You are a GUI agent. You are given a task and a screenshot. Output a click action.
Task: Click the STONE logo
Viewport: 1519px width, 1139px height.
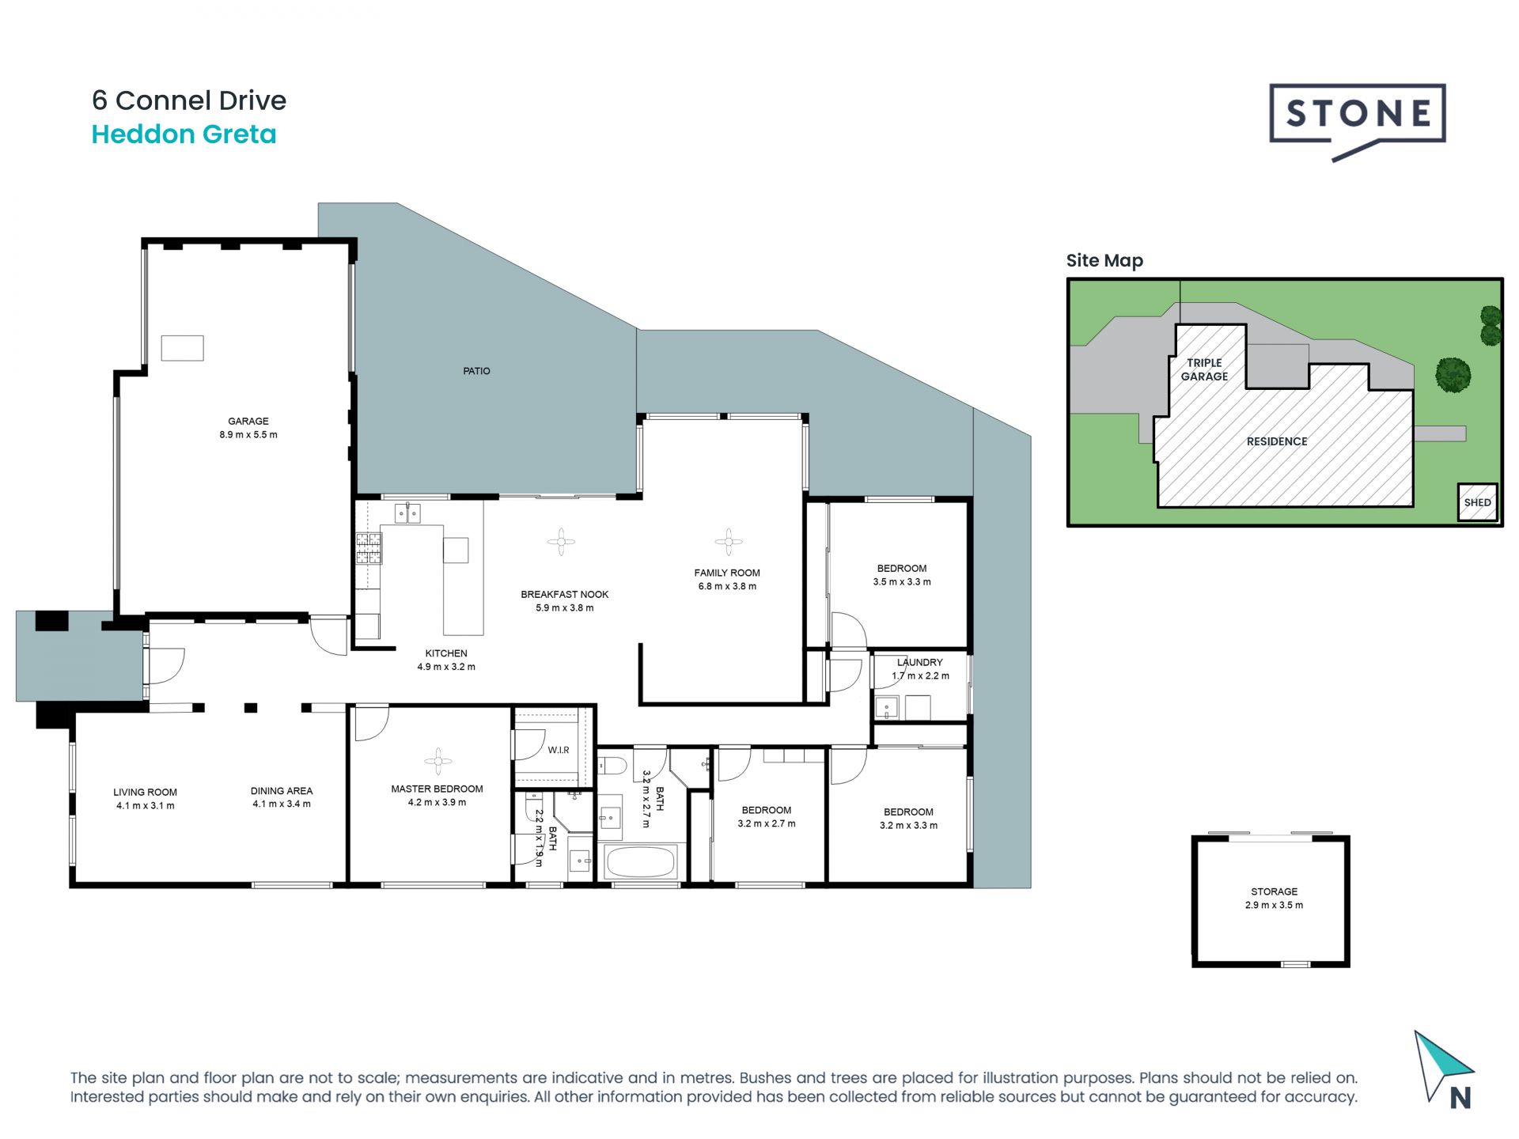click(1358, 119)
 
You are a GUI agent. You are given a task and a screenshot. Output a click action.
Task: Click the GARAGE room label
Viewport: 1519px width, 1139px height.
click(248, 422)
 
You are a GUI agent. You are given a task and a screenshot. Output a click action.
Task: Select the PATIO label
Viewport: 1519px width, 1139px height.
click(476, 371)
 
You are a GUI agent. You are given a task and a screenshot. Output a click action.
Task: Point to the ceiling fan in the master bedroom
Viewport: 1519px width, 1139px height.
click(438, 761)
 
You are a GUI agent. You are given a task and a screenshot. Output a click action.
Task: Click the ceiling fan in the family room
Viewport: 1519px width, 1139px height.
click(728, 542)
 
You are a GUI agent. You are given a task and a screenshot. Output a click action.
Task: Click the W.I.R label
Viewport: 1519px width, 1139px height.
click(559, 750)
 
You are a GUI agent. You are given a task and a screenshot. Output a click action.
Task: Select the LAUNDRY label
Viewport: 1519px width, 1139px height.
click(920, 662)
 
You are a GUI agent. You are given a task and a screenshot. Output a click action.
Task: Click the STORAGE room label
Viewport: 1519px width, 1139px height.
click(1274, 891)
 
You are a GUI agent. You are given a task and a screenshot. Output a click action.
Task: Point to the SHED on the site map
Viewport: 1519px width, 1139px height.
click(1477, 502)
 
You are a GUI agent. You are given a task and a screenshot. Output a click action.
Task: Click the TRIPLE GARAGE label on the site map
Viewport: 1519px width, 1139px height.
click(1204, 369)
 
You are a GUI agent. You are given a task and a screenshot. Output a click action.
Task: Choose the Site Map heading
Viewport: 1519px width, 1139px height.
click(1104, 261)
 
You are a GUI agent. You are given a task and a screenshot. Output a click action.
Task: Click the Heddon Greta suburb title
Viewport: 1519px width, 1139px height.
click(184, 134)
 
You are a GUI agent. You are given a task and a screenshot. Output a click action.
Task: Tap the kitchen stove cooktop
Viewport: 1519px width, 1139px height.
click(369, 548)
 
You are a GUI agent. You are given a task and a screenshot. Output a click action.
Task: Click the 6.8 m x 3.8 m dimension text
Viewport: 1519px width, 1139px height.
click(727, 587)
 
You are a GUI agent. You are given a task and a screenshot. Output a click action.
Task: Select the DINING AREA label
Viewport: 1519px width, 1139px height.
click(282, 791)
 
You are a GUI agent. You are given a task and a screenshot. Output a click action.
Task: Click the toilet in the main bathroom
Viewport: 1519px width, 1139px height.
click(612, 766)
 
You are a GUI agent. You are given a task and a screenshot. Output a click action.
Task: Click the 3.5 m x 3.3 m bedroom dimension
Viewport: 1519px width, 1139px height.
click(902, 582)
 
